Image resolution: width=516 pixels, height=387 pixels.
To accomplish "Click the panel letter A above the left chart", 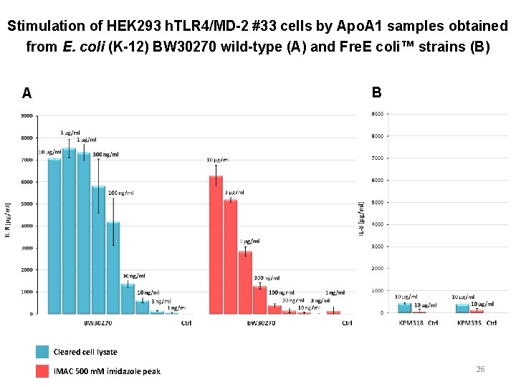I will (x=27, y=93).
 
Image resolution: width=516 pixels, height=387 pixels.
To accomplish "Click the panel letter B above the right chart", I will (x=377, y=92).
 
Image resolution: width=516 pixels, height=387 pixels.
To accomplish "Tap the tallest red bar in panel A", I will (x=216, y=244).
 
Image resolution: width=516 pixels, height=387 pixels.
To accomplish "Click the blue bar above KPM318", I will (x=405, y=308).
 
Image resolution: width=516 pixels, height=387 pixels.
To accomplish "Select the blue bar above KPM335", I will (x=462, y=308).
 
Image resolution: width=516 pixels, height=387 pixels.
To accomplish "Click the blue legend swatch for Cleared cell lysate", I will (x=42, y=352).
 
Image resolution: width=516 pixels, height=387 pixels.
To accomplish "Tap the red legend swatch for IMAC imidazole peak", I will (x=42, y=371).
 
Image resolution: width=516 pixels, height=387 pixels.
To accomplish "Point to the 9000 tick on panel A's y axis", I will (x=26, y=116).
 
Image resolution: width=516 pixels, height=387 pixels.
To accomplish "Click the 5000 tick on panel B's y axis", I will (x=377, y=203).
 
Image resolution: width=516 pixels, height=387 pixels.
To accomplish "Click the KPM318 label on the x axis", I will (x=411, y=323).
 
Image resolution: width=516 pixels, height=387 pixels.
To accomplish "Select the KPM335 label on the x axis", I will (x=469, y=323).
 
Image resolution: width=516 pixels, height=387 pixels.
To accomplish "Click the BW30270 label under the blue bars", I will (x=96, y=323).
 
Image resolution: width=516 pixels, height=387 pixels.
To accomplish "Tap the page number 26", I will (x=480, y=369).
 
